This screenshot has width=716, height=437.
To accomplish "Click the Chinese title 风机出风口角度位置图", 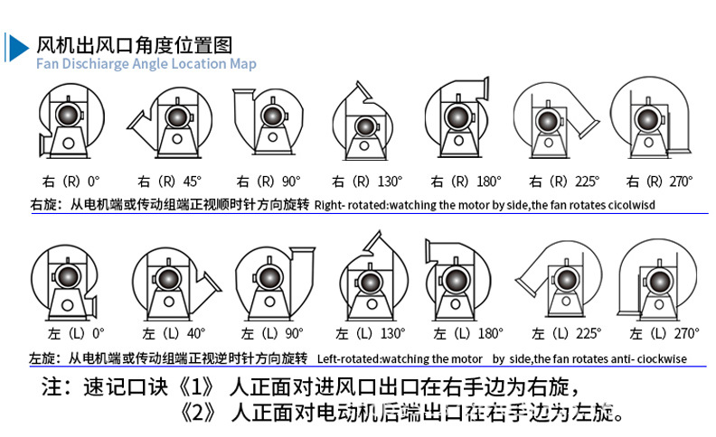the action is (x=134, y=45).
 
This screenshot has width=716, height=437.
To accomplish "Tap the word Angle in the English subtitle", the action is (x=150, y=64).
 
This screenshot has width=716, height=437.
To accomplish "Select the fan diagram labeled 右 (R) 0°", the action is (x=71, y=121).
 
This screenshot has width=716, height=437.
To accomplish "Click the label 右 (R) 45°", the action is (x=169, y=181).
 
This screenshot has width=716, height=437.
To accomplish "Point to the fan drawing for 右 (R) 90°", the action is (x=268, y=121).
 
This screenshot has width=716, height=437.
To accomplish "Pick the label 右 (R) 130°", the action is (x=367, y=181).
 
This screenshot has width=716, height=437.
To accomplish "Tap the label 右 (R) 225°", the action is (x=564, y=181).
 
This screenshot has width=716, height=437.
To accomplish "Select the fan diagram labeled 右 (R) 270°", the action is (x=651, y=117).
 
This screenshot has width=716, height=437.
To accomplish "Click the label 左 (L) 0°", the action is (x=76, y=333).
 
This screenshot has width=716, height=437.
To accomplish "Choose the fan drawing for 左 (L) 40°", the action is (x=176, y=284).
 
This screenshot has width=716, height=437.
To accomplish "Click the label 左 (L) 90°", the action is (x=272, y=333).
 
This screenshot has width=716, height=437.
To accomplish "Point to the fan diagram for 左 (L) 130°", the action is (x=374, y=275).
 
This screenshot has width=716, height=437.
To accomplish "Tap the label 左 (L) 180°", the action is (x=468, y=333).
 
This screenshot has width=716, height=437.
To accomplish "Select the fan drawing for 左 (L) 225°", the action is (x=559, y=279).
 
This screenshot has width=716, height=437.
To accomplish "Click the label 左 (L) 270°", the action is (x=664, y=333).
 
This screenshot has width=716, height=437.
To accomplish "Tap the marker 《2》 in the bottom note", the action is (x=198, y=413).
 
